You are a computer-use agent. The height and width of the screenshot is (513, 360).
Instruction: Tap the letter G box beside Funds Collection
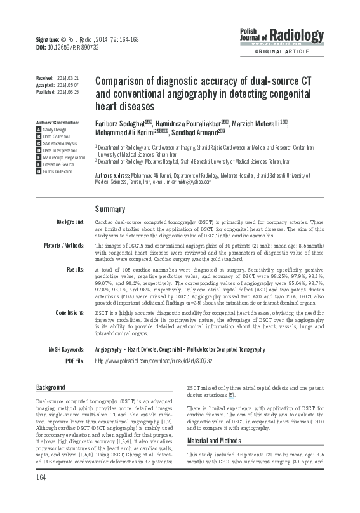click(39, 171)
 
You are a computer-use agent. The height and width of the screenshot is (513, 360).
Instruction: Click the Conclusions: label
click(70, 313)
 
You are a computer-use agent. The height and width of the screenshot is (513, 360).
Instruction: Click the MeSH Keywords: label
click(67, 349)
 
